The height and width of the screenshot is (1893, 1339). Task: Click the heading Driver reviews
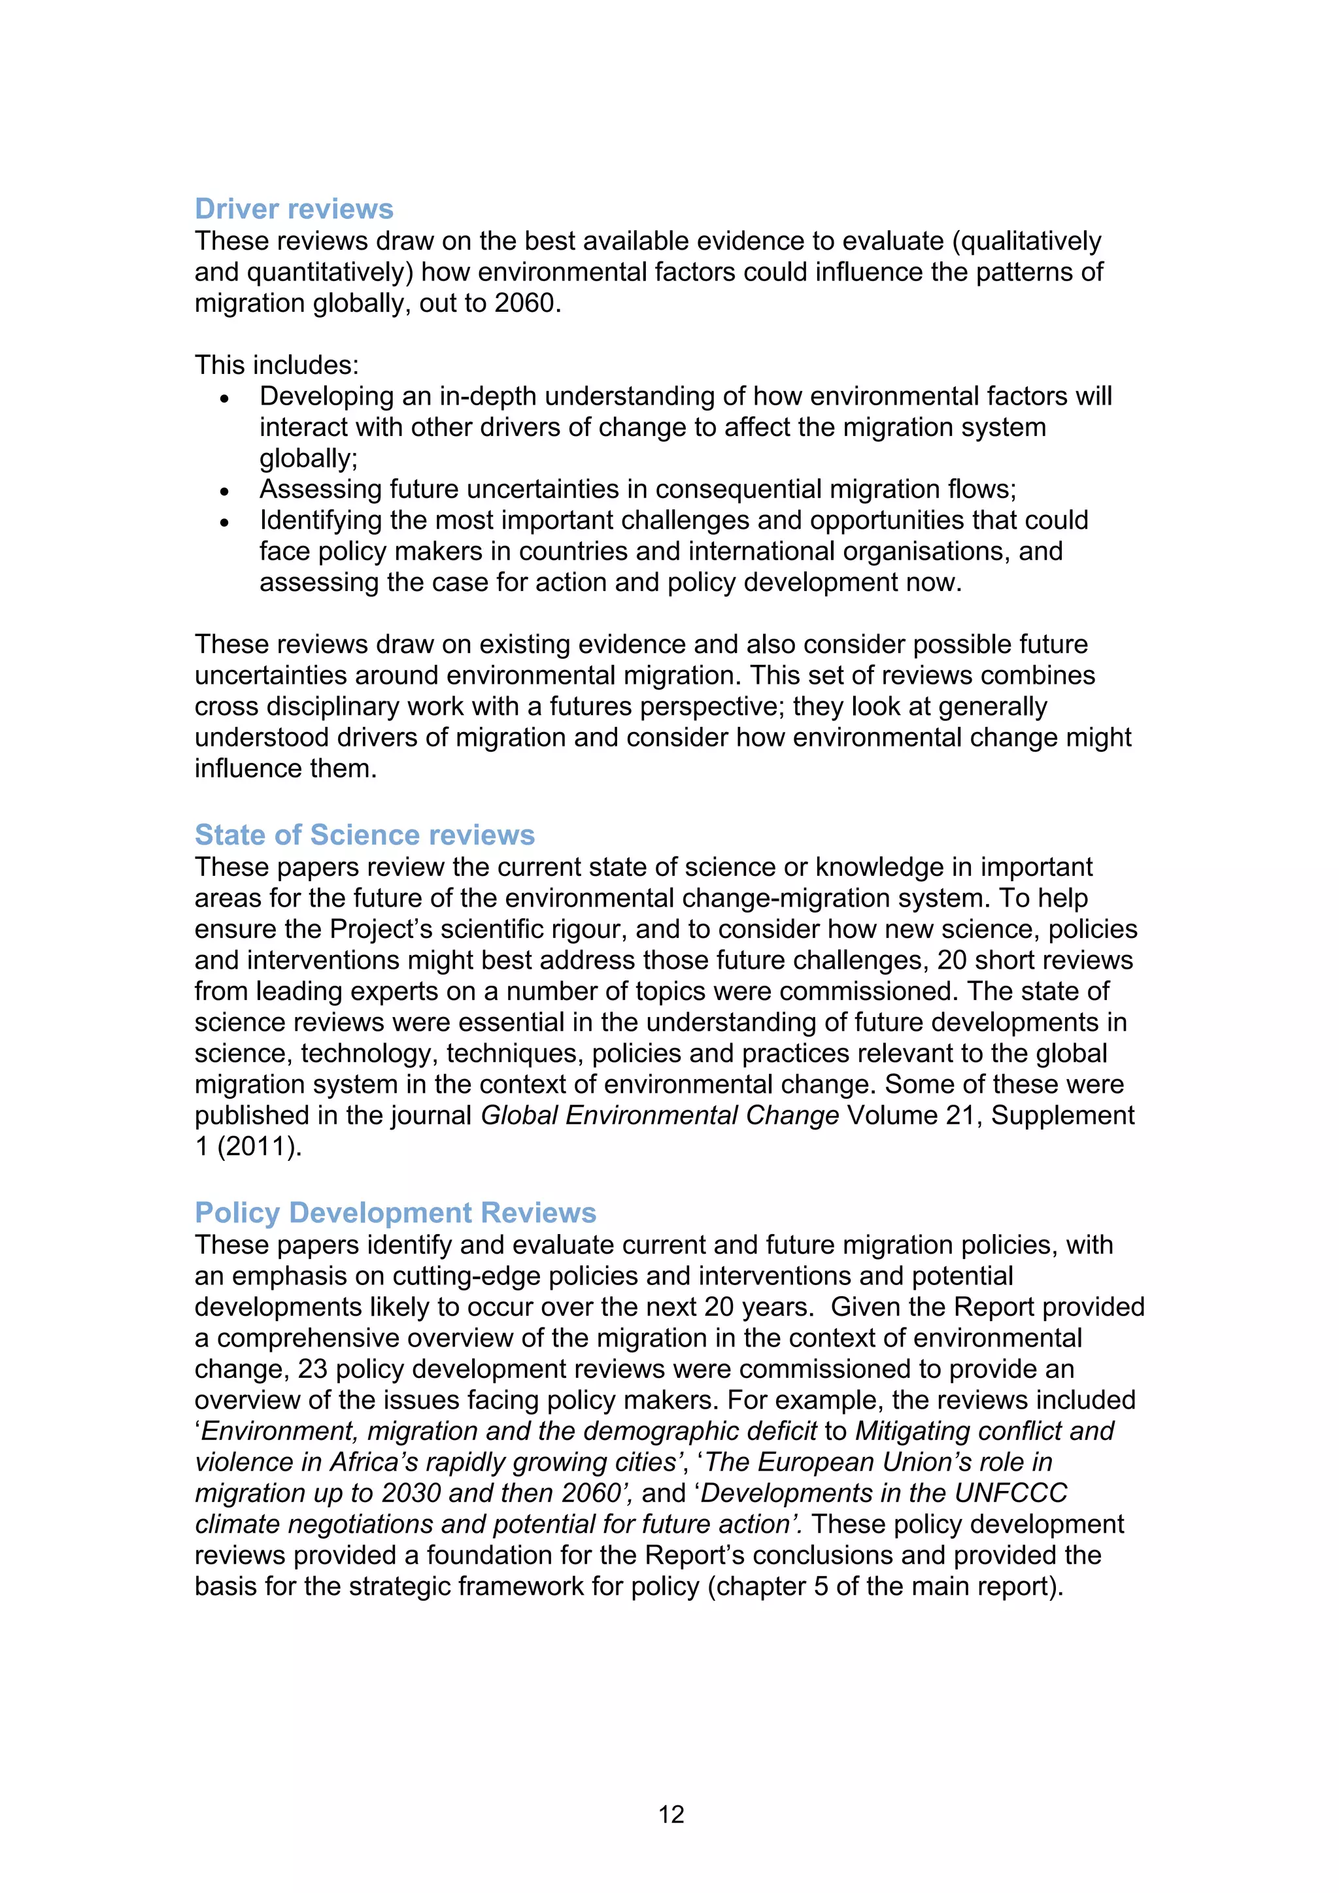point(294,209)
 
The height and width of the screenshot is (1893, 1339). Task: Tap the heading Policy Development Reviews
point(395,1212)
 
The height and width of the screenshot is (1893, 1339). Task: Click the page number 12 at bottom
point(671,1814)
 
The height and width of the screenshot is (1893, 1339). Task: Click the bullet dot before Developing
point(224,398)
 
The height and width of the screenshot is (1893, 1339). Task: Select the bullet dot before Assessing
point(224,492)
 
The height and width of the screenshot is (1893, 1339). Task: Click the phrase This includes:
point(276,365)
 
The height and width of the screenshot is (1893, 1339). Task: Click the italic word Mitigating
point(916,1432)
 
